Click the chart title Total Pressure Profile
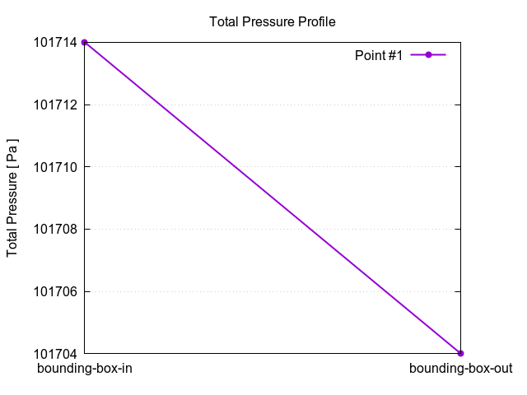tap(273, 21)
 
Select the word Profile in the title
tap(315, 21)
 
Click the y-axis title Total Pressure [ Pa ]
tap(12, 197)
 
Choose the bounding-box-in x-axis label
tap(85, 369)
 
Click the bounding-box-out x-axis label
tap(460, 369)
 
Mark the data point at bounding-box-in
tap(85, 42)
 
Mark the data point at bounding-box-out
tap(460, 353)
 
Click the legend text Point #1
tap(378, 55)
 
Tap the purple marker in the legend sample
tap(428, 55)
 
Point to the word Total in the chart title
tap(224, 21)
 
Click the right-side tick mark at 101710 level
tap(457, 167)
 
